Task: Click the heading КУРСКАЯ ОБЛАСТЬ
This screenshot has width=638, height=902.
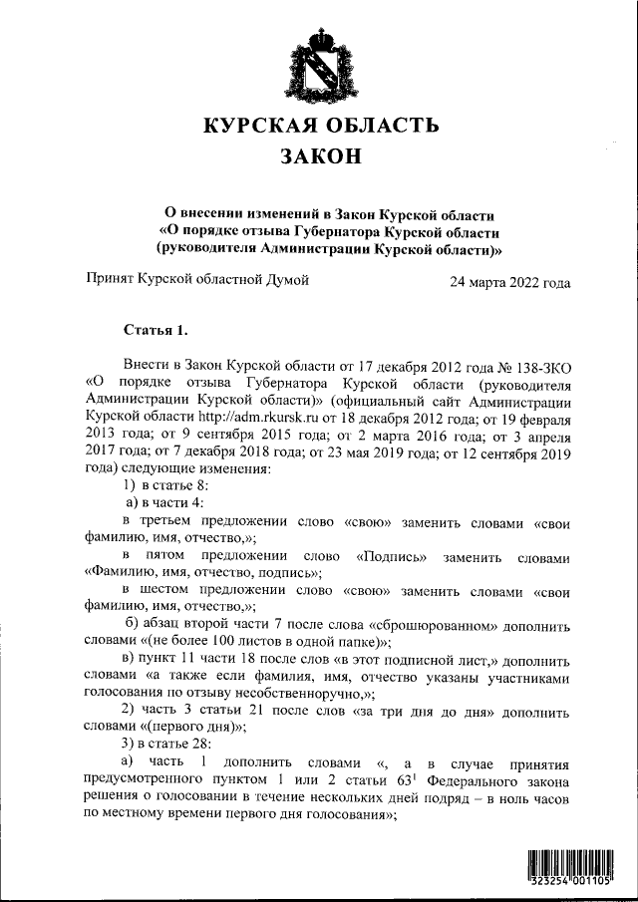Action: (320, 126)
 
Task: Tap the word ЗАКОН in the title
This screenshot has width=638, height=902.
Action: (319, 157)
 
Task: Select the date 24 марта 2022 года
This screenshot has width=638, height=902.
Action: (509, 282)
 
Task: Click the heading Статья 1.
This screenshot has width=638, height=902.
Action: (155, 329)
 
